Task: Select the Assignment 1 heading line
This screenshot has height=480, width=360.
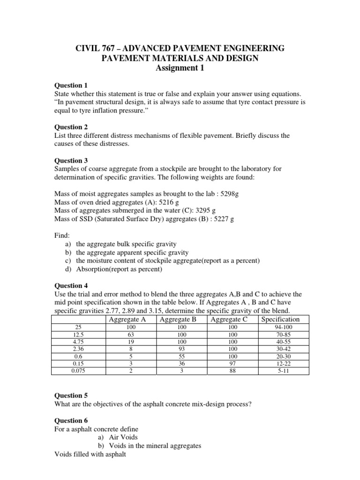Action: click(x=180, y=67)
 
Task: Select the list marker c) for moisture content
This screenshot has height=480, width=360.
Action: click(x=68, y=261)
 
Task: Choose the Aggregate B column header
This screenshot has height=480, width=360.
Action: click(x=178, y=320)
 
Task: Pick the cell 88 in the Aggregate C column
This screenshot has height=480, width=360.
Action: click(x=229, y=370)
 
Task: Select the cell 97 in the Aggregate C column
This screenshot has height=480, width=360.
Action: click(x=229, y=363)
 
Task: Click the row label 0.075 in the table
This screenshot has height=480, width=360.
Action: click(x=76, y=370)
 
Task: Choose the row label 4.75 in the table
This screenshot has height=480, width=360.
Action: click(x=76, y=342)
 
